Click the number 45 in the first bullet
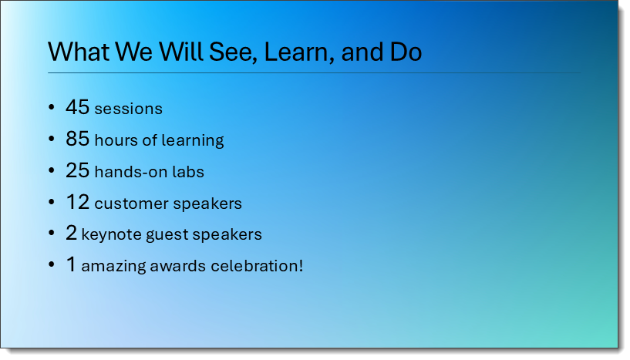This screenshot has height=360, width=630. (x=78, y=107)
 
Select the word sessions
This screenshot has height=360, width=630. (x=128, y=109)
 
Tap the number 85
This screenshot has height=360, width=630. (x=78, y=139)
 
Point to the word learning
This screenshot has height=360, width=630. (x=193, y=140)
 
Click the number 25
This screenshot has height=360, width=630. (x=78, y=170)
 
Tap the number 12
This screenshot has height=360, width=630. (x=78, y=202)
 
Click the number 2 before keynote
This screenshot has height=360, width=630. (x=71, y=233)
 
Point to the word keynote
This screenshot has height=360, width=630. (x=111, y=234)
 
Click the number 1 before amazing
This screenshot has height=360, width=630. (x=71, y=264)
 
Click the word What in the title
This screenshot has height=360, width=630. (x=79, y=52)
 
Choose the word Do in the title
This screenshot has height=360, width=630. (x=406, y=52)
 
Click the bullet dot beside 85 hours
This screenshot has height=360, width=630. (x=51, y=139)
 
